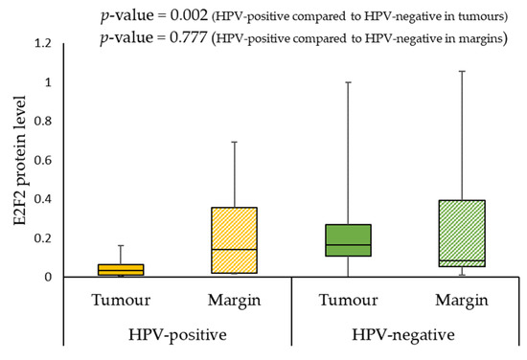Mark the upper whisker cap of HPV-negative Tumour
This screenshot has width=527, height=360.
coord(348,82)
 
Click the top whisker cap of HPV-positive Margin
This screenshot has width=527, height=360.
coord(234,142)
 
